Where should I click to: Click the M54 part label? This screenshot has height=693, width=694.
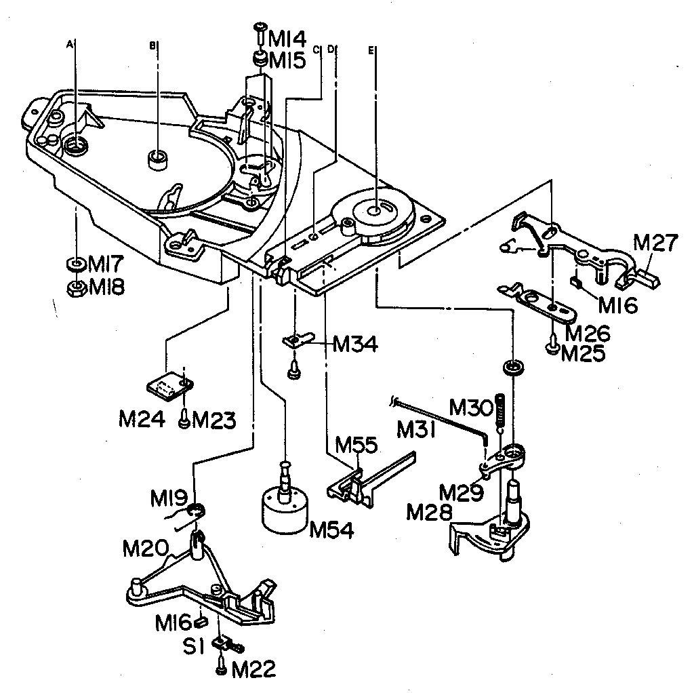click(331, 530)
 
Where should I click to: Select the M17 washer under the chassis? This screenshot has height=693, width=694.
click(75, 262)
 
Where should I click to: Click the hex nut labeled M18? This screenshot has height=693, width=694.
click(75, 287)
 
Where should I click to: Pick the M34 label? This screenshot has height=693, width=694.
click(356, 345)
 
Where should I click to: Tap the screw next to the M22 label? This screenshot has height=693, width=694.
click(222, 668)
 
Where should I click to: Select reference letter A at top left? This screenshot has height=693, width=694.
click(69, 43)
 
